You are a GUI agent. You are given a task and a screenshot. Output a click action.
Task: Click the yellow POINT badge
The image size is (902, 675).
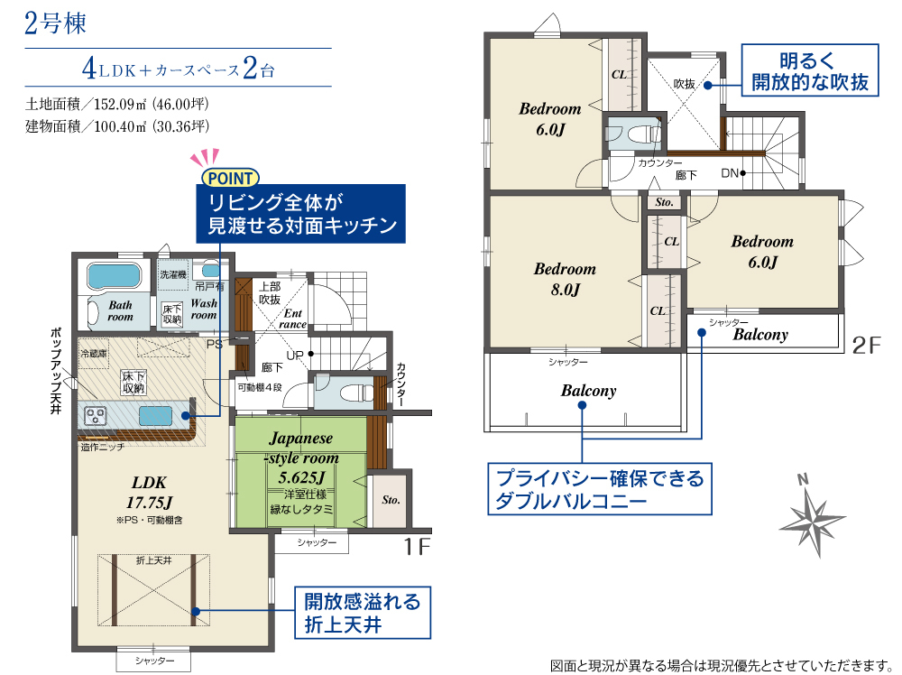coord(230,178)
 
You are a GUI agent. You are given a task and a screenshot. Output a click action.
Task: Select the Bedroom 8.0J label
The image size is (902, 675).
coord(565,279)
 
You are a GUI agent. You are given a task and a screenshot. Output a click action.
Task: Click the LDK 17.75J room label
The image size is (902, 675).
coord(149,493)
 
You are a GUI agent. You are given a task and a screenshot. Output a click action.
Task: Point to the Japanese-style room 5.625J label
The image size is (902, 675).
coord(301,458)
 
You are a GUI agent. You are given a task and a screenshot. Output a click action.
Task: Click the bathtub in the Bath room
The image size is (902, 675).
coord(114,275)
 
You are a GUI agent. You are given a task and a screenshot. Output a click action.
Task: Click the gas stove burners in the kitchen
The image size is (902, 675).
coord(95,415)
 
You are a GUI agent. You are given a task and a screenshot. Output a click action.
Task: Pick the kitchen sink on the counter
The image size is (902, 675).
coord(155,415)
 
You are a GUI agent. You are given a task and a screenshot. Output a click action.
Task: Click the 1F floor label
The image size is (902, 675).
coord(417,546)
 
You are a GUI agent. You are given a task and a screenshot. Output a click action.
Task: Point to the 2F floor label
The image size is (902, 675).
coord(866,345)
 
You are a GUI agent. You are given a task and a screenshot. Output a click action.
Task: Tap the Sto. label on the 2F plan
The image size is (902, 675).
coord(664,202)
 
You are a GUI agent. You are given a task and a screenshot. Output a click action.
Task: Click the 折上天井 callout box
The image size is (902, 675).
coord(363,612)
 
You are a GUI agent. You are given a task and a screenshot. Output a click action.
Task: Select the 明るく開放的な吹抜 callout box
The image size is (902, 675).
coord(810,69)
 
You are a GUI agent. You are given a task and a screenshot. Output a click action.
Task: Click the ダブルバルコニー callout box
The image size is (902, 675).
coord(600,488)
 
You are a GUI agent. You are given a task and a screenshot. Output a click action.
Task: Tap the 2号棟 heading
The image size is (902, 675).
coord(55,23)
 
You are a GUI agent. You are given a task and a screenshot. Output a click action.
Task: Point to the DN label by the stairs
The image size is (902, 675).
coord(730,173)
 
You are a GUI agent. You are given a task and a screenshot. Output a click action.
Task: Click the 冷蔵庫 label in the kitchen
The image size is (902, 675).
coord(94,354)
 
